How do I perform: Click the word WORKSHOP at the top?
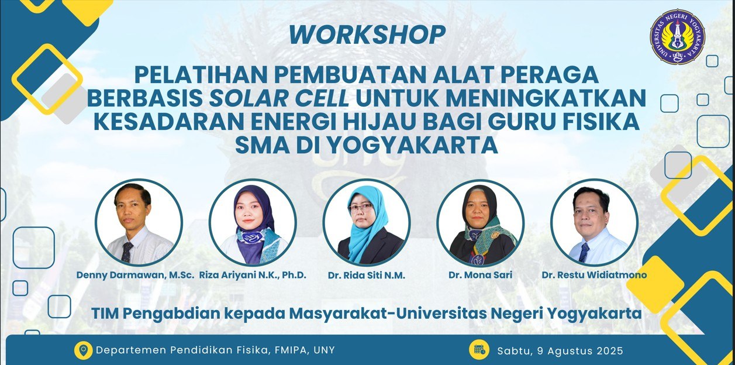[x=367, y=35]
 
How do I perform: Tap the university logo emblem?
[x=678, y=36]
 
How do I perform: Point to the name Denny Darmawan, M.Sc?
[x=135, y=275]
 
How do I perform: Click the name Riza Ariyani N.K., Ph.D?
[x=253, y=275]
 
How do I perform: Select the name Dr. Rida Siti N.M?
[x=366, y=275]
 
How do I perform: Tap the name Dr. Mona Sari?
[x=480, y=275]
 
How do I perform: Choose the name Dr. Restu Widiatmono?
[x=594, y=275]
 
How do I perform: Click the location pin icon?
[x=83, y=350]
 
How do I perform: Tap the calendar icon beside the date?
[x=479, y=350]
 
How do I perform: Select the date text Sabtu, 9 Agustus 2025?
[x=560, y=351]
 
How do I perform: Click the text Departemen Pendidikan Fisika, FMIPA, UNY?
[x=215, y=350]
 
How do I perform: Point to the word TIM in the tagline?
[x=103, y=314]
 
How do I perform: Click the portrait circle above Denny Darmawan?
[x=139, y=222]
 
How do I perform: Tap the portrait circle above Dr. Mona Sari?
[x=480, y=222]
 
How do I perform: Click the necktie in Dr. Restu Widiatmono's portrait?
[x=584, y=252]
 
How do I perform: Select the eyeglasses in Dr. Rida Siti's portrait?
[x=360, y=208]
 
